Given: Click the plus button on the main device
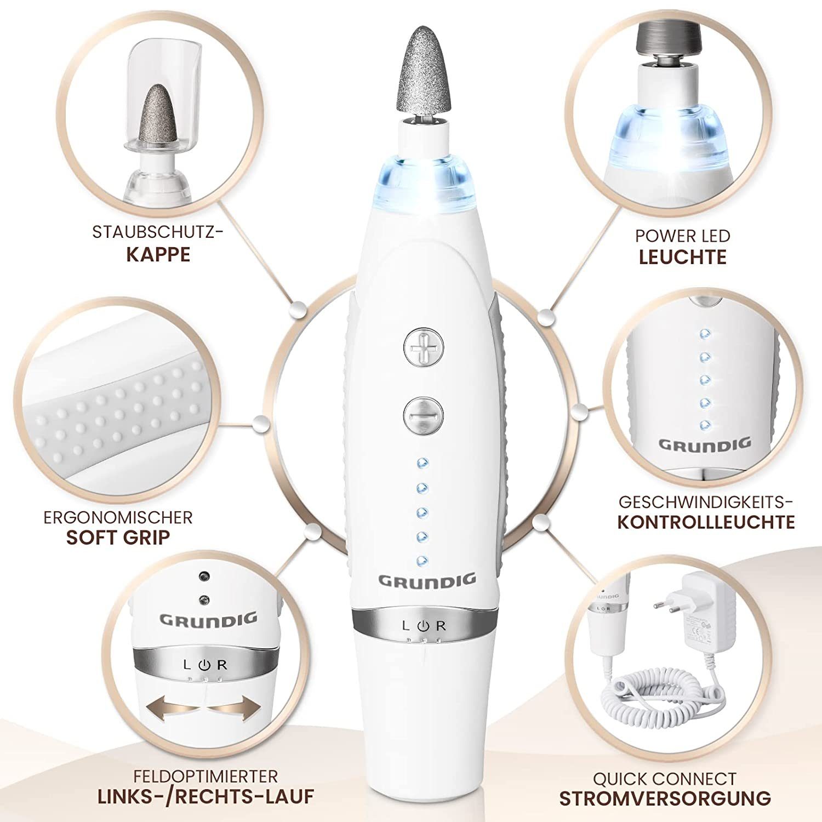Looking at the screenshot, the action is (x=423, y=347).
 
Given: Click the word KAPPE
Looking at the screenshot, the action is (x=158, y=255).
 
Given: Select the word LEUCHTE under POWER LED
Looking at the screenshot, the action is (x=683, y=257).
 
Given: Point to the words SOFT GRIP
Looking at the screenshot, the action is (x=118, y=538).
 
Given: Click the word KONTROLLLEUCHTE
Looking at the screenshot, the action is (x=706, y=522).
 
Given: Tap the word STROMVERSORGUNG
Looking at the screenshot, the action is (x=665, y=798).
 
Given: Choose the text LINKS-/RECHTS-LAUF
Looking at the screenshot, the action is (x=206, y=796).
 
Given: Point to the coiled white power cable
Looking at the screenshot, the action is (x=663, y=690).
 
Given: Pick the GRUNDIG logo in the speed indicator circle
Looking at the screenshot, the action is (x=704, y=444).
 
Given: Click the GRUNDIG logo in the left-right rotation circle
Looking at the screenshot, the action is (x=208, y=620).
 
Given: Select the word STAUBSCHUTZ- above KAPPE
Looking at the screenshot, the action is (x=158, y=232).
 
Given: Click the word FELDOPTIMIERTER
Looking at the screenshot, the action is (x=206, y=776).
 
